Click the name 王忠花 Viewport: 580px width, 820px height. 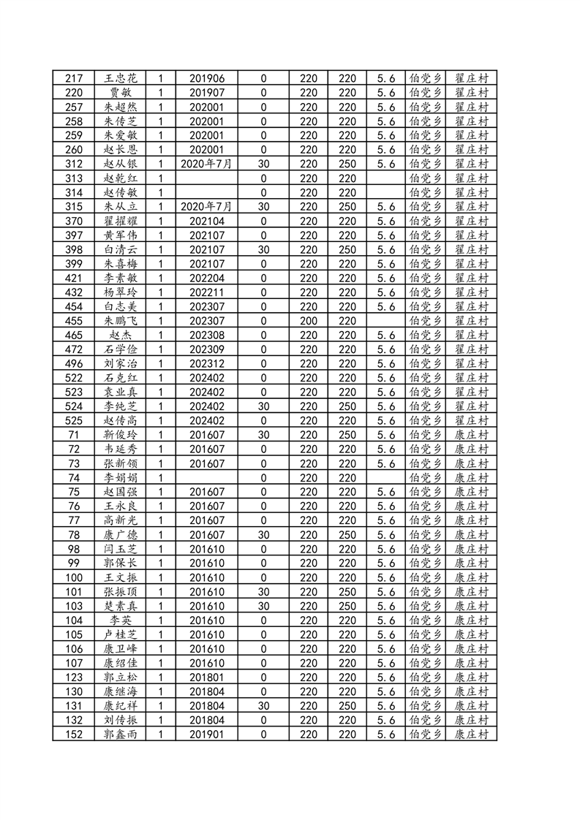click(x=121, y=78)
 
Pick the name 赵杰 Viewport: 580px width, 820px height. click(x=121, y=335)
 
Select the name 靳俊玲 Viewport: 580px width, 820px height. click(x=121, y=435)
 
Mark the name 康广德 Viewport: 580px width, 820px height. click(x=121, y=535)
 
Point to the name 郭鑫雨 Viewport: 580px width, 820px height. click(x=121, y=734)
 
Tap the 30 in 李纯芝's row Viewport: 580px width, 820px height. click(x=263, y=406)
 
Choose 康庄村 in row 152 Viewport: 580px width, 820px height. click(x=471, y=734)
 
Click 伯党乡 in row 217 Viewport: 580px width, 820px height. click(x=425, y=78)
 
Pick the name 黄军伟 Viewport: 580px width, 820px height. click(x=121, y=235)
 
